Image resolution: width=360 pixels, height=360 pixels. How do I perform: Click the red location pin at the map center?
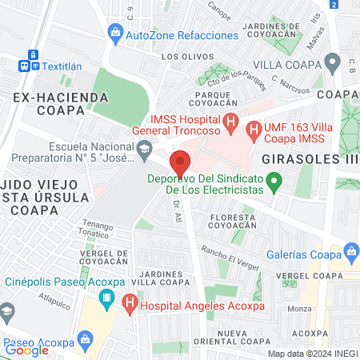pos(181,163)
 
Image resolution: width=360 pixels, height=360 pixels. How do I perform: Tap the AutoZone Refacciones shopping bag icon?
pos(116,34)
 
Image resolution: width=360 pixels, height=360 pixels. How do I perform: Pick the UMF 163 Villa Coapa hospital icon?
pos(254,128)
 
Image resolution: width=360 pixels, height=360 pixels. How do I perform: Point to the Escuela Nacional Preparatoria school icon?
pos(144,146)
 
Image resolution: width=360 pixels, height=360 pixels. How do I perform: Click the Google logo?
pos(27,350)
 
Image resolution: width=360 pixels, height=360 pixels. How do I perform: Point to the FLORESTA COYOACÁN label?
pos(233,222)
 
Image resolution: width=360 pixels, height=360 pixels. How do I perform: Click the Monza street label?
pos(299,308)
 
